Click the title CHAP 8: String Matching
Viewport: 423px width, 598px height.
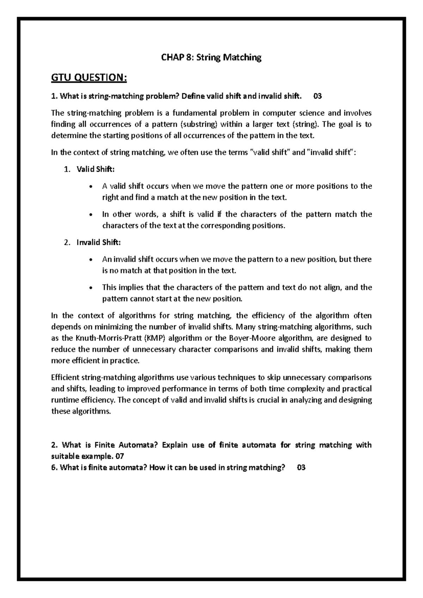[211, 57]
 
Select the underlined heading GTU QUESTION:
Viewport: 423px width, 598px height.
[89, 78]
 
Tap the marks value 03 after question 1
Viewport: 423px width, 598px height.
[317, 96]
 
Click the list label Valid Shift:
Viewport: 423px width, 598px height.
[96, 169]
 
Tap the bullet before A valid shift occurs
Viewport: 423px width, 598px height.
[91, 187]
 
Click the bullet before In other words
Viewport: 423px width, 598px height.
[91, 215]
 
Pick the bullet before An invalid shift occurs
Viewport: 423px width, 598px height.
[91, 260]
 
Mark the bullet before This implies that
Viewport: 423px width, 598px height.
[91, 288]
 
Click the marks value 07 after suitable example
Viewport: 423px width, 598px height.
[120, 456]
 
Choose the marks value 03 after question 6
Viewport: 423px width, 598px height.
[301, 468]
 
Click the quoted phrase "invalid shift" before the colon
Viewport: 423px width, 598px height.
[331, 153]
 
